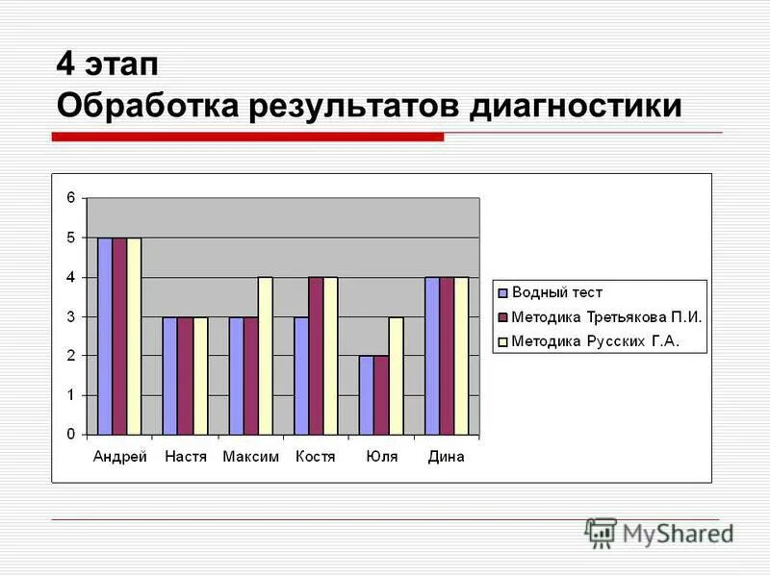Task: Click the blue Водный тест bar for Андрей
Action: pos(105,336)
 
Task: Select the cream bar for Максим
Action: pos(265,356)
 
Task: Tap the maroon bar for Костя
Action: pos(316,356)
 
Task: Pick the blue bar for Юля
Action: pos(366,395)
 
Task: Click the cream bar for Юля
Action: pos(396,375)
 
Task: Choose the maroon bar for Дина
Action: pos(447,356)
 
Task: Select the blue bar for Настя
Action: pos(169,375)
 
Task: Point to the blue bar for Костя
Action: pos(301,375)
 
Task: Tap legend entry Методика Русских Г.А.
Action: pos(595,340)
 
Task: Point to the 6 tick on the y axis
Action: pos(70,198)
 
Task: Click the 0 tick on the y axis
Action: pos(70,435)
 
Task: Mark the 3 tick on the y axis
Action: pos(70,316)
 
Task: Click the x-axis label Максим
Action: pos(250,457)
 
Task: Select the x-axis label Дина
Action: pos(446,457)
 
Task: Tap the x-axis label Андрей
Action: pos(119,457)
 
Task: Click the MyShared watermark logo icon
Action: pos(601,532)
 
